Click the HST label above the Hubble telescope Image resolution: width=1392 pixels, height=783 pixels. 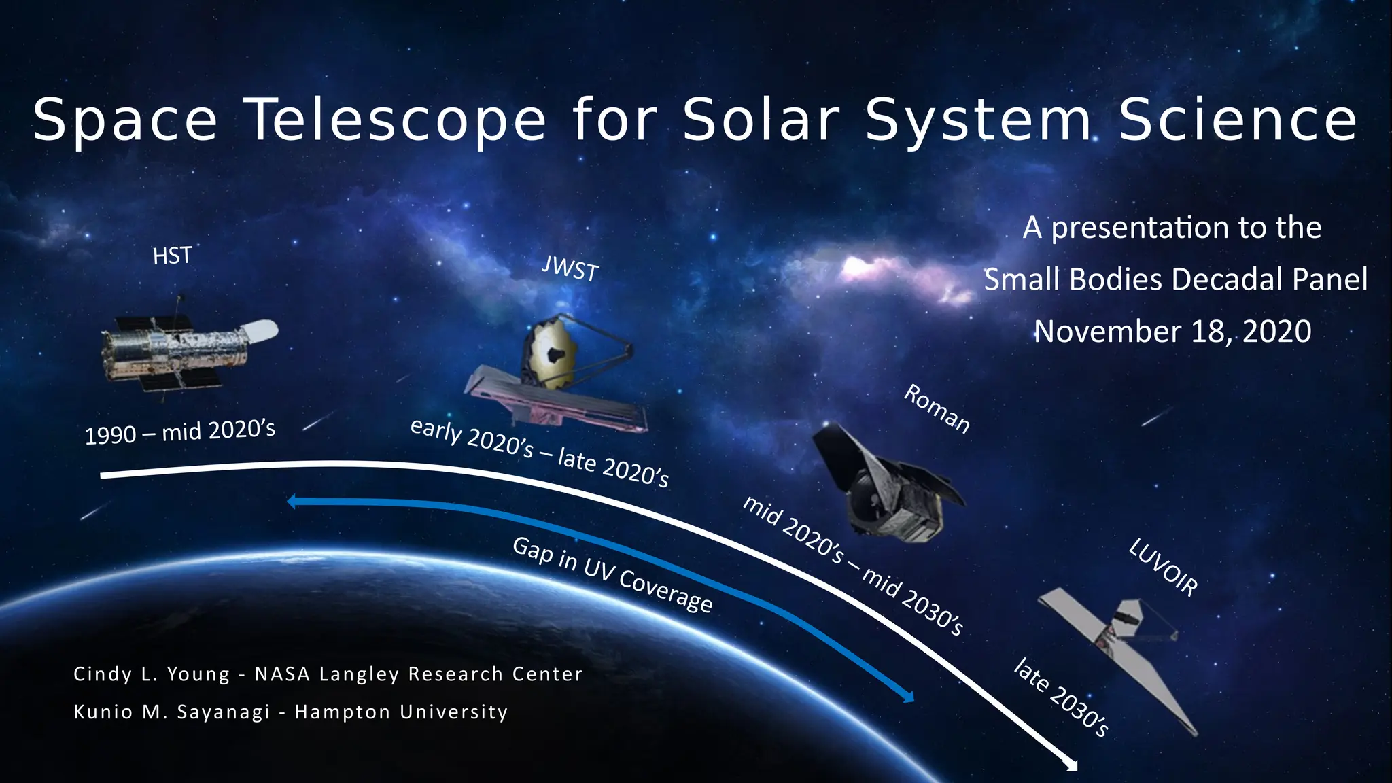point(172,256)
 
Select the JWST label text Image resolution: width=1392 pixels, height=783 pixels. point(570,269)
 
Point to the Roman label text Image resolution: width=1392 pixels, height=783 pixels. point(937,408)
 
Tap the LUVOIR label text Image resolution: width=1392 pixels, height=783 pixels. point(1163,568)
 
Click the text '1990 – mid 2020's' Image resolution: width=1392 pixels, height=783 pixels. point(179,432)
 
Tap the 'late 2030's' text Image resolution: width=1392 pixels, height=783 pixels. point(1061,697)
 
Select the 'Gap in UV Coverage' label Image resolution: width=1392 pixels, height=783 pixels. point(612,575)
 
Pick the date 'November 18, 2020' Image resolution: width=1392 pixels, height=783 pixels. point(1172,332)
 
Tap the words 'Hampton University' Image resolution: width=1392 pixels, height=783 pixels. point(401,712)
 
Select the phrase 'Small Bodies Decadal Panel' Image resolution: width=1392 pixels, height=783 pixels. point(1175,279)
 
